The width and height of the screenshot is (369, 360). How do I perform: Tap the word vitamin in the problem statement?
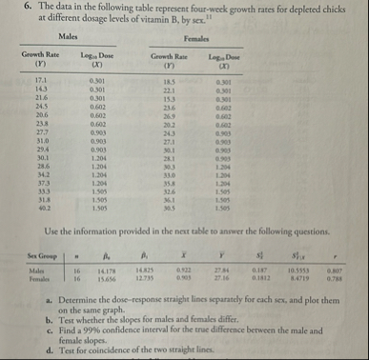click(147, 19)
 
